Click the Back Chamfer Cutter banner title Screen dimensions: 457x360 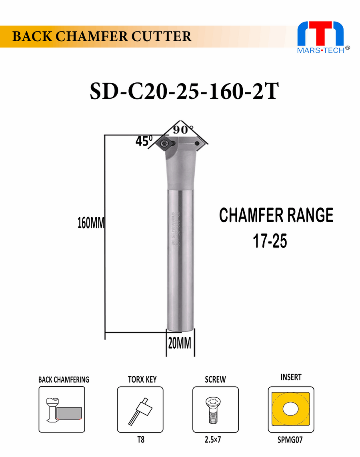(x=102, y=37)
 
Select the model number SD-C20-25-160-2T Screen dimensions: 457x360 (x=184, y=92)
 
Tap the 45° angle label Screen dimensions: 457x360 (x=144, y=141)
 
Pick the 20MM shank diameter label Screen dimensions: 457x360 (x=179, y=343)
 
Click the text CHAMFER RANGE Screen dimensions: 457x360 (x=276, y=216)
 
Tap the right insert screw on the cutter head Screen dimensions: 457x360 (x=197, y=143)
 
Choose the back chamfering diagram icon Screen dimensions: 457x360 (x=62, y=409)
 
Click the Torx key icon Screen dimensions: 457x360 (x=140, y=409)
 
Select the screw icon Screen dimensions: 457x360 (x=215, y=409)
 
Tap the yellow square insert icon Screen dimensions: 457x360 (x=290, y=409)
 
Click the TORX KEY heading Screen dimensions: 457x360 (x=142, y=379)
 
